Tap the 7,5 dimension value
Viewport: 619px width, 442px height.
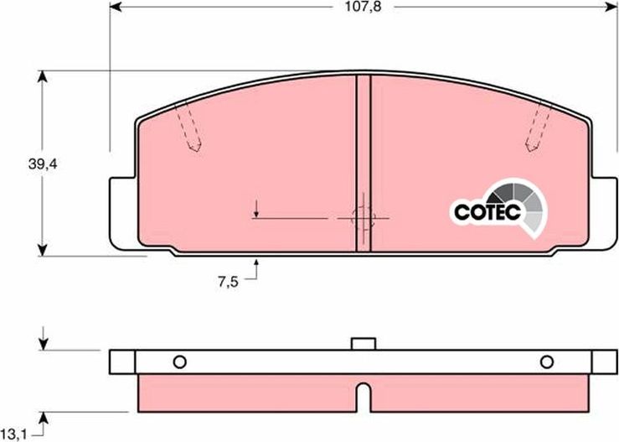(x=228, y=283)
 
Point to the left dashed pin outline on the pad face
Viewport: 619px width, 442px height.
(x=190, y=130)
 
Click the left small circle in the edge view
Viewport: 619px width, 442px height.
(x=178, y=362)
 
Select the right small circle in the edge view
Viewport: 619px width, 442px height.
(x=546, y=362)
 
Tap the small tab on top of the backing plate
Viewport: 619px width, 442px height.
(x=363, y=343)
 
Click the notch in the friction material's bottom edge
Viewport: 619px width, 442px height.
(x=363, y=396)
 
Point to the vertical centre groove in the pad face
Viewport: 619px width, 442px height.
(x=364, y=159)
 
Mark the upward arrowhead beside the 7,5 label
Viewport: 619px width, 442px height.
(x=257, y=266)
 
